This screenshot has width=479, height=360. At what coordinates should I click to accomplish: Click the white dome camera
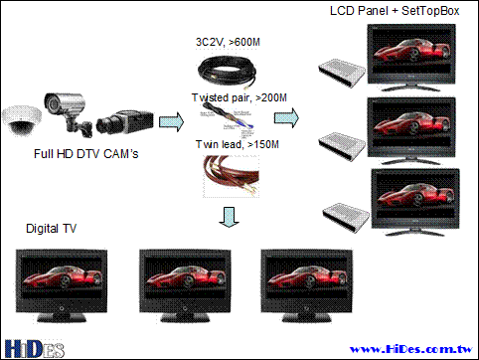pos(22,120)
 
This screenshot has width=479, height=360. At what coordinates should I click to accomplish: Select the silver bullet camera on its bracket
pos(68,112)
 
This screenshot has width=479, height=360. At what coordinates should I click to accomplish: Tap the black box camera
pos(125,122)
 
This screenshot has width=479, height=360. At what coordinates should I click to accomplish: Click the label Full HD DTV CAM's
pos(86,154)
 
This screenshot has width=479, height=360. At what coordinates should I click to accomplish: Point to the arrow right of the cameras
pos(171,121)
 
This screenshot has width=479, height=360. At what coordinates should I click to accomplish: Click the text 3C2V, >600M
pos(228,42)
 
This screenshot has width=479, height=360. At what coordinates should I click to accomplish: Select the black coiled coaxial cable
pos(227,72)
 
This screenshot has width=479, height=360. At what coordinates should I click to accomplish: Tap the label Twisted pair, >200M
pos(239,97)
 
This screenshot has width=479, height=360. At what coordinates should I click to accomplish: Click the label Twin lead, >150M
pos(238,144)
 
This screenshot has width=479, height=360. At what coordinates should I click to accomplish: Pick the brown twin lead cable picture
pos(232,176)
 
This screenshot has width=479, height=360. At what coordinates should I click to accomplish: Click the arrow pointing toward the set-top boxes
pos(286,117)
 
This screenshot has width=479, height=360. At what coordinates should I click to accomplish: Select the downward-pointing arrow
pos(229,218)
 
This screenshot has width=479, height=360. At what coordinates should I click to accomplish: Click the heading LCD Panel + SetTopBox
pos(395,11)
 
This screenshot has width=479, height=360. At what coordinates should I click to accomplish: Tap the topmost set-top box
pos(342,74)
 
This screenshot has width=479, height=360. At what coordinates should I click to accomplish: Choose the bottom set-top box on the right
pos(346,217)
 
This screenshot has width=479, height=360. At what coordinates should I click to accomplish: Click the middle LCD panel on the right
pos(411,130)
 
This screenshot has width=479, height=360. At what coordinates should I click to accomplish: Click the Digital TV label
pos(51,229)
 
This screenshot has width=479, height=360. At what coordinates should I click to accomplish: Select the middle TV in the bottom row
pos(185,285)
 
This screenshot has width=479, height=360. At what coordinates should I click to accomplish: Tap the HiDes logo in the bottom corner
pos(35,349)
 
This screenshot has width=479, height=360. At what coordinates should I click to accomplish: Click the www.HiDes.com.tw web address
pos(411,349)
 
